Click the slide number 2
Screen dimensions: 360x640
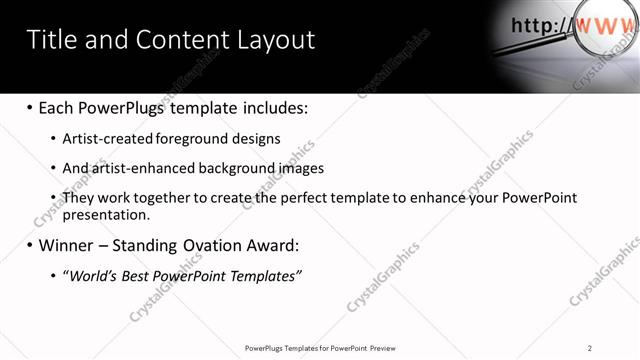click(x=590, y=348)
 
